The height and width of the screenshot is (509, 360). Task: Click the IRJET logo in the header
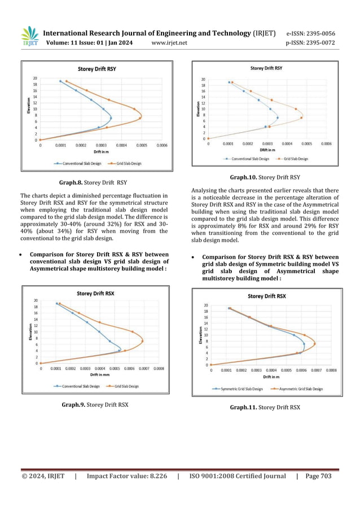30,36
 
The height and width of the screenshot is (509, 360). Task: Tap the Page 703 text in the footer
319,476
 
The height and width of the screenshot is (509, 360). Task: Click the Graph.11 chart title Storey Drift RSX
267,296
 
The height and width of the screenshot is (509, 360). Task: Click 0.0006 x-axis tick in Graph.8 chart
161,145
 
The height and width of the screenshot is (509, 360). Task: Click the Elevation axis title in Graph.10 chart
198,109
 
